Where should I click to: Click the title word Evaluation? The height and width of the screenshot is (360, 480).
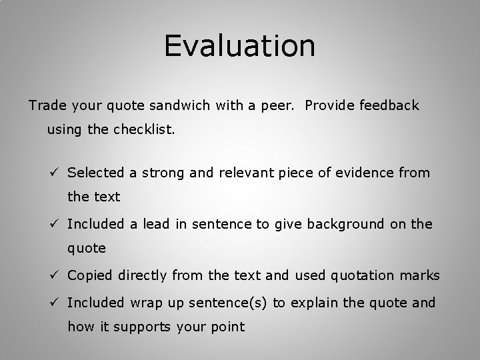(x=240, y=45)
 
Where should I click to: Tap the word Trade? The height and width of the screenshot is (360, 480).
(x=45, y=105)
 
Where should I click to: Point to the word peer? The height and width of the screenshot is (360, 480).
(x=281, y=105)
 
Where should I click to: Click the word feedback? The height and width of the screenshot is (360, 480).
(x=389, y=105)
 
